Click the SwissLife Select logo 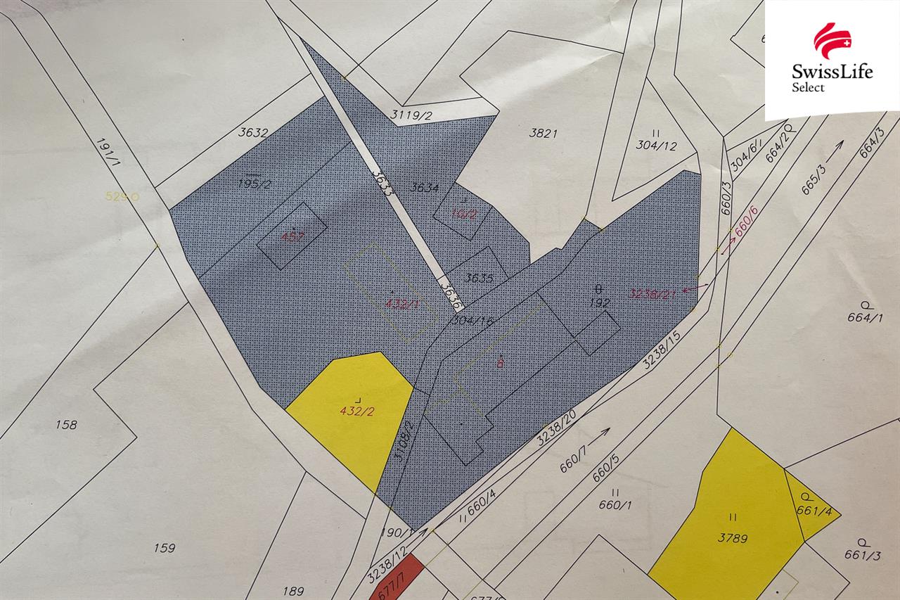tap(831, 60)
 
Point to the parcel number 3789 tap(732, 539)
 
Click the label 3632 tap(253, 132)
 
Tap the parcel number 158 tap(65, 425)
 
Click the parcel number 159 tap(163, 548)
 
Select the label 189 tap(293, 592)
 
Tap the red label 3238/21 tap(652, 293)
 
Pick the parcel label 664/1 tap(864, 317)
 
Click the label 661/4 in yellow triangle tap(814, 511)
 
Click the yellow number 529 tap(117, 197)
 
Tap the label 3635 tap(480, 279)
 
